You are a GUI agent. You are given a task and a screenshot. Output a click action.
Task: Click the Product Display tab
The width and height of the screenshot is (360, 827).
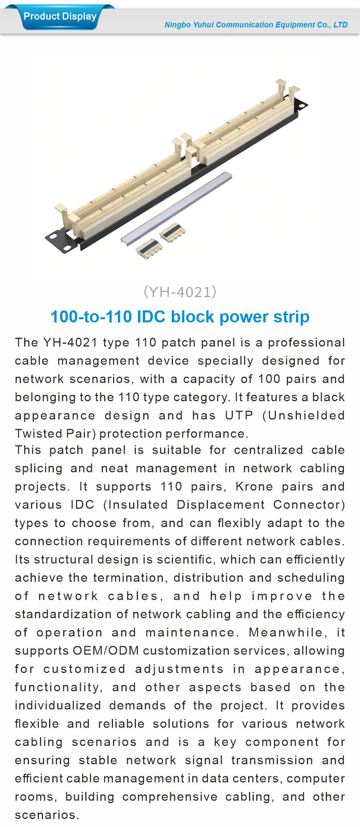click(60, 17)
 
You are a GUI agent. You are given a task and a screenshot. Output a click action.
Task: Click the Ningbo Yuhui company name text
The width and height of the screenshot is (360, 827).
click(256, 25)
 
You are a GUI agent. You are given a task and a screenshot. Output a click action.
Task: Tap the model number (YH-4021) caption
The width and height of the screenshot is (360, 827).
click(180, 292)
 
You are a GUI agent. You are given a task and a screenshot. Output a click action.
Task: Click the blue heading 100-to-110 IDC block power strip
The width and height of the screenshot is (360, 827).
click(180, 317)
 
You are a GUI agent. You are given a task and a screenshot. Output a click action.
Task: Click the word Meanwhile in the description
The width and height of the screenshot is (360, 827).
click(286, 632)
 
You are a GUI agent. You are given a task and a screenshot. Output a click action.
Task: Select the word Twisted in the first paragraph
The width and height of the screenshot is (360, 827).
click(36, 433)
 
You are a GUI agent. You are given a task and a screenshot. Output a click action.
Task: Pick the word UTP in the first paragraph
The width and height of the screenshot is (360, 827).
click(239, 415)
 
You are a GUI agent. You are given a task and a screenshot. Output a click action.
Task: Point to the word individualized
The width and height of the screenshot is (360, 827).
click(58, 706)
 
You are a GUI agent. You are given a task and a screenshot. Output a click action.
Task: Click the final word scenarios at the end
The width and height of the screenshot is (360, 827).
click(47, 815)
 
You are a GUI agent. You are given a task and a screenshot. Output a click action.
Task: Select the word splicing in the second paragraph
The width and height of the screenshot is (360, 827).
click(39, 468)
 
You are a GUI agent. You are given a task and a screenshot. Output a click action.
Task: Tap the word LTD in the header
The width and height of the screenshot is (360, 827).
click(340, 25)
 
